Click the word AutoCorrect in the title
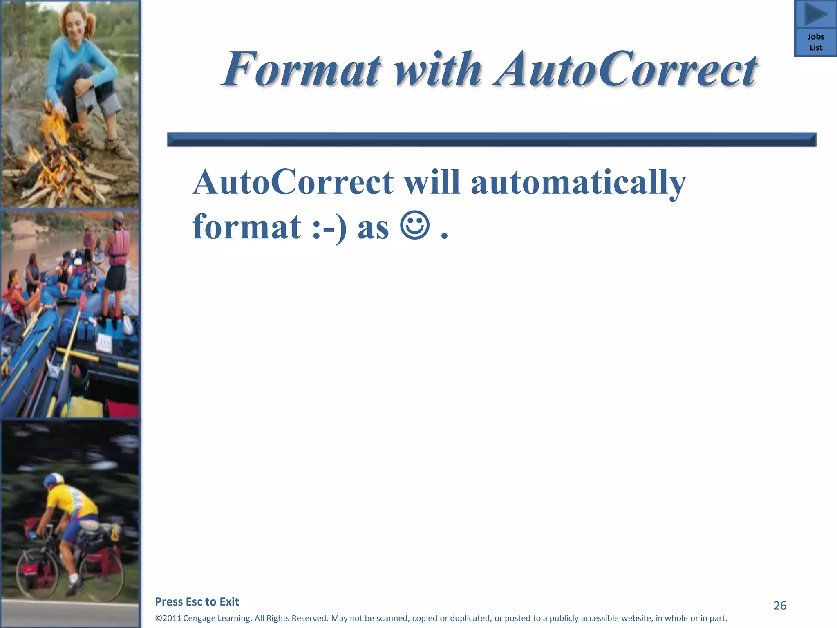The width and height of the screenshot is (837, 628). (x=625, y=70)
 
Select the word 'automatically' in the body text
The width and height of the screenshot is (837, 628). (x=578, y=183)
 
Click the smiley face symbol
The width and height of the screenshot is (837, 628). (x=415, y=226)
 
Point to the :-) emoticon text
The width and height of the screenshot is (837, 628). (x=329, y=228)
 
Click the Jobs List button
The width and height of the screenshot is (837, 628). (x=816, y=42)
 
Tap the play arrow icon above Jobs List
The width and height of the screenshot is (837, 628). (x=816, y=15)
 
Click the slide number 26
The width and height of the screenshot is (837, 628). (x=780, y=606)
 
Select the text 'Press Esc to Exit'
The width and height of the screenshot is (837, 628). (x=197, y=602)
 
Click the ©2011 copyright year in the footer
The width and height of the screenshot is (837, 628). (x=168, y=618)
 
